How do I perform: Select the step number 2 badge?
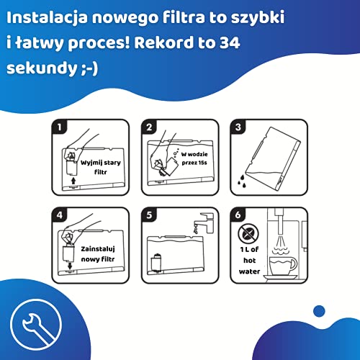149,128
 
